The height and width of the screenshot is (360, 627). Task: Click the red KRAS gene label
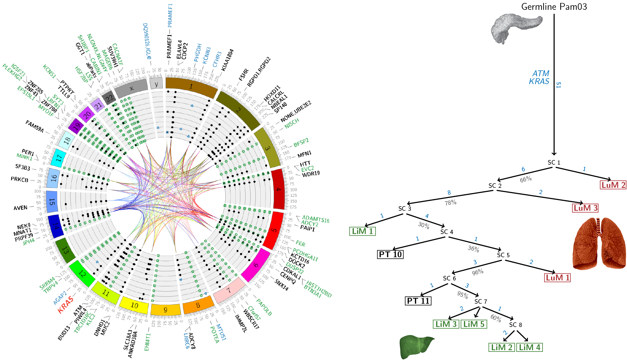click(x=65, y=305)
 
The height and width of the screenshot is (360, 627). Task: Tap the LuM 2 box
click(x=613, y=185)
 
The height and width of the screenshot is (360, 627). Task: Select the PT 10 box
click(x=390, y=254)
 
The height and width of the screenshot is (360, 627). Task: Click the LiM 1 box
click(x=362, y=231)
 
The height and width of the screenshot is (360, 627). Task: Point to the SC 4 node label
click(x=447, y=232)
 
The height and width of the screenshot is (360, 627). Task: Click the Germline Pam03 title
click(x=554, y=7)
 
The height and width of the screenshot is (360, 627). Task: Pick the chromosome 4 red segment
click(x=279, y=189)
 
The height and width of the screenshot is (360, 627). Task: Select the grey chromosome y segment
click(x=156, y=83)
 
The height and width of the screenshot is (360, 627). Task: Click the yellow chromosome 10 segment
click(x=135, y=305)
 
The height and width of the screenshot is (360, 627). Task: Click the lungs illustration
click(x=599, y=244)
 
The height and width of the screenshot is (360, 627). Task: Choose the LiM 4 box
click(x=529, y=347)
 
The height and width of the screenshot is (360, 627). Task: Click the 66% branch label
click(x=526, y=179)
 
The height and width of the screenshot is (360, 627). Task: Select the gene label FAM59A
click(x=34, y=126)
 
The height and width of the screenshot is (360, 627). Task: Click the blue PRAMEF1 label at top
click(x=170, y=15)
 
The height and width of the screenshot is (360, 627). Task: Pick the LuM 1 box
click(x=557, y=278)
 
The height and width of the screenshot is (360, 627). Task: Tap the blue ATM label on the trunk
click(x=541, y=74)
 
